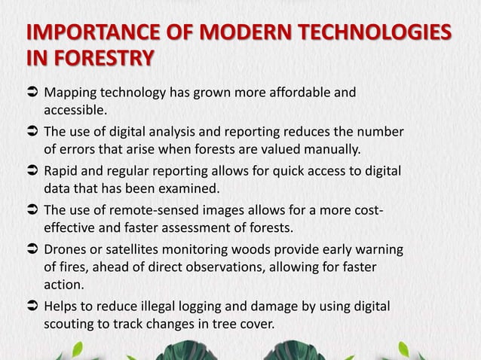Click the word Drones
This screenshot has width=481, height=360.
click(x=67, y=249)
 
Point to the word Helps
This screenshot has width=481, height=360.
click(x=63, y=307)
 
